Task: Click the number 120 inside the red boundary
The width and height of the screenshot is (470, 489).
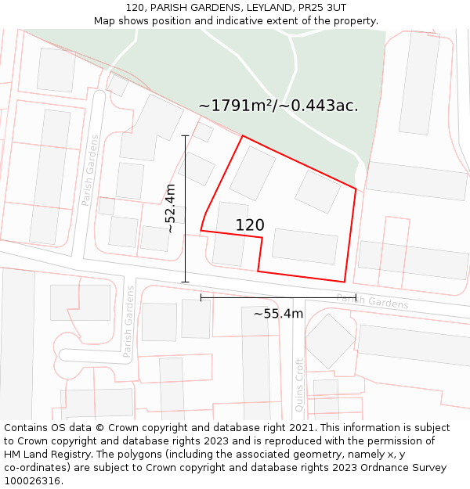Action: [250, 225]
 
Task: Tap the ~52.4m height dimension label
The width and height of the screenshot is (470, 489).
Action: [171, 208]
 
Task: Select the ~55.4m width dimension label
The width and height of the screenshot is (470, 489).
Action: [278, 314]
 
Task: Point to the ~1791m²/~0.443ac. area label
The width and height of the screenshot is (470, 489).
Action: [278, 106]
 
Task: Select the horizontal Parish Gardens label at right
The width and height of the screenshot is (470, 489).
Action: [372, 300]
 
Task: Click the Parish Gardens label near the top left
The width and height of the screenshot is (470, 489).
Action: [90, 170]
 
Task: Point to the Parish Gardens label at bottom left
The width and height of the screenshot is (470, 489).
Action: [129, 321]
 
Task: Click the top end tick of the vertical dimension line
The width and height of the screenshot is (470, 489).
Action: [185, 135]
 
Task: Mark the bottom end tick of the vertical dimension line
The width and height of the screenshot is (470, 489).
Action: [185, 282]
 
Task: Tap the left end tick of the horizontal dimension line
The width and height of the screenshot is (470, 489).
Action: [201, 297]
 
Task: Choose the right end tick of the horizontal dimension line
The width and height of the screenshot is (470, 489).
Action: [356, 297]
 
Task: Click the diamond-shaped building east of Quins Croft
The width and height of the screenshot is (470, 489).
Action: [330, 340]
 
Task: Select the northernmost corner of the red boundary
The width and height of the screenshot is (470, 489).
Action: [243, 136]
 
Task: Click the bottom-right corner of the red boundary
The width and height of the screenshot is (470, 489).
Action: [345, 282]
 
